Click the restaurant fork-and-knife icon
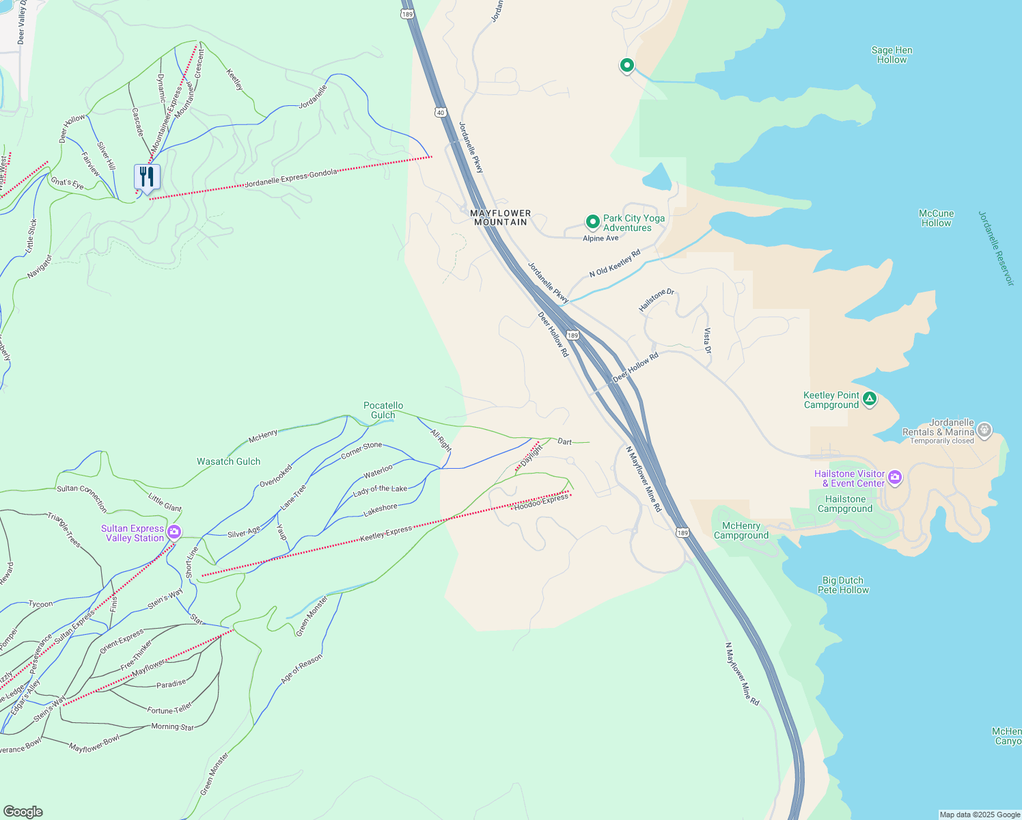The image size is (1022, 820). point(147,177)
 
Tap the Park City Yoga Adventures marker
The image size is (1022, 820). point(592,222)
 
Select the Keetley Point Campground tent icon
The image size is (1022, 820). point(869,399)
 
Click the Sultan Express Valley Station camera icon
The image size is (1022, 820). point(174,532)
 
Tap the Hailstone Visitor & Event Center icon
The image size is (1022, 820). point(894,478)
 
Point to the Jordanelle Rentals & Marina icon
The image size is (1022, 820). point(984,430)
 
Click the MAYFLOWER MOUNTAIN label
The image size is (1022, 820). point(501,218)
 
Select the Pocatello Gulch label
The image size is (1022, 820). point(383,410)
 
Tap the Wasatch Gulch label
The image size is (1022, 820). point(228,462)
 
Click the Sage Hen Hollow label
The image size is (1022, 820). point(892,55)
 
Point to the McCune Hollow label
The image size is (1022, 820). point(936,218)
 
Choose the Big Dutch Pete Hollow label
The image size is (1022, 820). point(843,585)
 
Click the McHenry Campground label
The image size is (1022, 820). point(741,530)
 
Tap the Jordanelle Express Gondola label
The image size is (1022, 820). point(291,178)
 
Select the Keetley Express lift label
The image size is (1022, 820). point(386,534)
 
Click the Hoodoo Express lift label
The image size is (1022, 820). point(541,502)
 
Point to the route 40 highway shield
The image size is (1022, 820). point(441,112)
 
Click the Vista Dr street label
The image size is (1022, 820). point(708,340)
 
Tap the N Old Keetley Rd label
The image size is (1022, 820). point(615,263)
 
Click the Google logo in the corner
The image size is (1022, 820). point(23,812)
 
